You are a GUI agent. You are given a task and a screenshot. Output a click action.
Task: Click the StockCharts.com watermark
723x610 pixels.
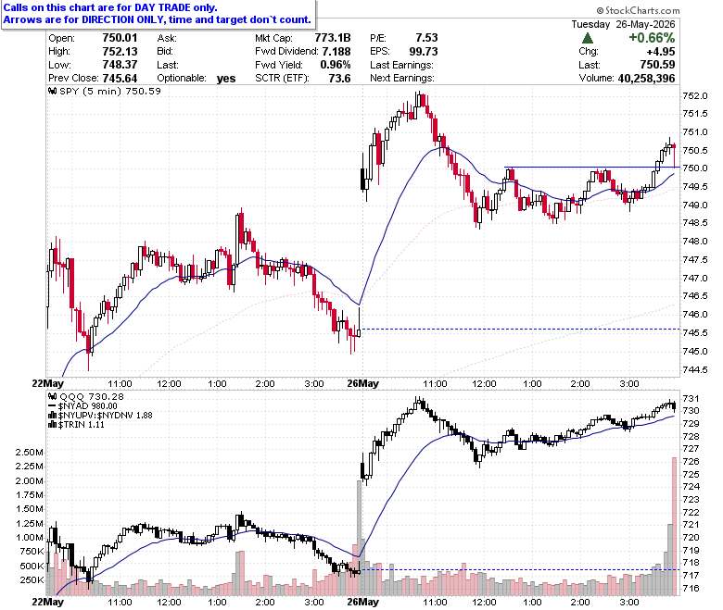coord(638,10)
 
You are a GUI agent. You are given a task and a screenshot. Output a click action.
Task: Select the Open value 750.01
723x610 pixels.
coord(120,38)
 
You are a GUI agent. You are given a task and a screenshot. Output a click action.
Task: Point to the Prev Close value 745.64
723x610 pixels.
coord(120,79)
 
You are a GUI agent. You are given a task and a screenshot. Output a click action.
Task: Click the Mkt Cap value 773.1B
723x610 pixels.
coord(333,38)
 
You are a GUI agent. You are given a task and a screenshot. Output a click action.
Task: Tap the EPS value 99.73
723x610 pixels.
coord(424,52)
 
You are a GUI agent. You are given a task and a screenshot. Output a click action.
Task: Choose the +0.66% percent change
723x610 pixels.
coord(652,38)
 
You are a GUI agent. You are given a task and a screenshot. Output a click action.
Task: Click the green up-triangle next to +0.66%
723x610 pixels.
coord(588,38)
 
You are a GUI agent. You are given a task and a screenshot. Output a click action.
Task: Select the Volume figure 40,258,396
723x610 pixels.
coord(646,79)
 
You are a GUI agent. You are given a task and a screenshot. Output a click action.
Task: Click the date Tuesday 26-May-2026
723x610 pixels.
coord(623,24)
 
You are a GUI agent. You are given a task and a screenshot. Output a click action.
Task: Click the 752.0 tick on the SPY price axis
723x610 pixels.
coord(695,95)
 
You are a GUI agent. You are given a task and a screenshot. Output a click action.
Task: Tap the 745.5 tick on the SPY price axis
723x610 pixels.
coord(695,332)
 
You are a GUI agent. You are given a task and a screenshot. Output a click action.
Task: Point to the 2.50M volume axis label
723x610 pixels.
coord(30,452)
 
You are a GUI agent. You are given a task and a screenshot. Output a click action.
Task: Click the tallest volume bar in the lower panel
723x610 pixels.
coord(674,526)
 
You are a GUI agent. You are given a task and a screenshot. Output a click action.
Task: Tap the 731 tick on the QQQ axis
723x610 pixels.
coord(691,398)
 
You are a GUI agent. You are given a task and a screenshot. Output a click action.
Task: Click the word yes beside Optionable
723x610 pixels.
coord(226,79)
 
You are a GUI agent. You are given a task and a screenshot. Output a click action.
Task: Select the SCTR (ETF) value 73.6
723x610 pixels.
coord(339,79)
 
